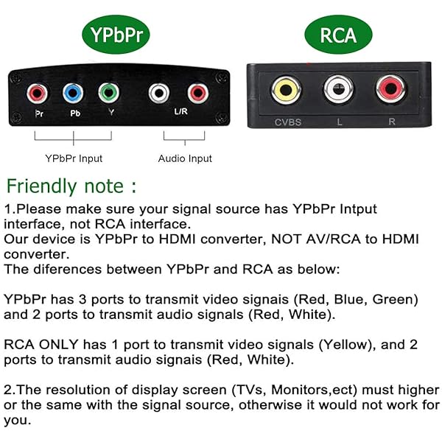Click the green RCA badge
point(337,35)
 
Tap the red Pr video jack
point(38,94)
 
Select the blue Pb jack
point(73,94)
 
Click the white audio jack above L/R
point(159,94)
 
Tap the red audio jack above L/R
point(197,94)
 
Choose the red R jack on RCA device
point(388,91)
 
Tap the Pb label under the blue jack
point(74,115)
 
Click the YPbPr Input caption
point(74,158)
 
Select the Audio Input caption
point(185,158)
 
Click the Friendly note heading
point(71,185)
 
